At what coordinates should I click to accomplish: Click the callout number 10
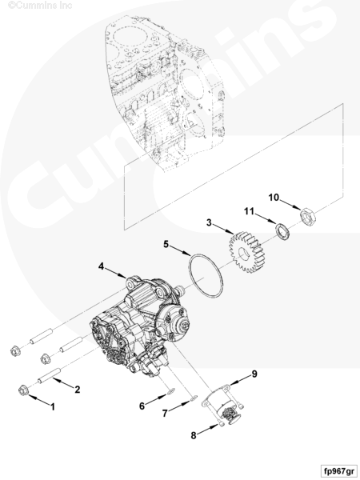tap(274, 198)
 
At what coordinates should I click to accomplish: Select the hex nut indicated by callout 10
tap(307, 216)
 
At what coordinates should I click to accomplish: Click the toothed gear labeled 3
tap(246, 252)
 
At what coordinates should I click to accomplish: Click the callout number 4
tap(102, 266)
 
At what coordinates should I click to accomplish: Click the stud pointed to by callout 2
tap(49, 376)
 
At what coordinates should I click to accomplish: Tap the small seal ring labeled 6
tap(171, 391)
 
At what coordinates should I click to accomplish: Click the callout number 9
tap(254, 374)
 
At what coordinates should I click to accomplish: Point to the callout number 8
tap(194, 435)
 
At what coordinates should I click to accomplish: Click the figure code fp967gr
tap(339, 471)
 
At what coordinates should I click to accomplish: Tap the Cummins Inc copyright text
tap(40, 6)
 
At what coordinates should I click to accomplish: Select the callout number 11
tap(249, 211)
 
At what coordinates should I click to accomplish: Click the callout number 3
tap(209, 222)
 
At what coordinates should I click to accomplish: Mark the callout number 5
tap(166, 244)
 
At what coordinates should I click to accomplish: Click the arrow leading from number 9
tap(240, 381)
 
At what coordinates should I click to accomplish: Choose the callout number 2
tap(77, 390)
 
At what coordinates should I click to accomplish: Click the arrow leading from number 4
tap(116, 273)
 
